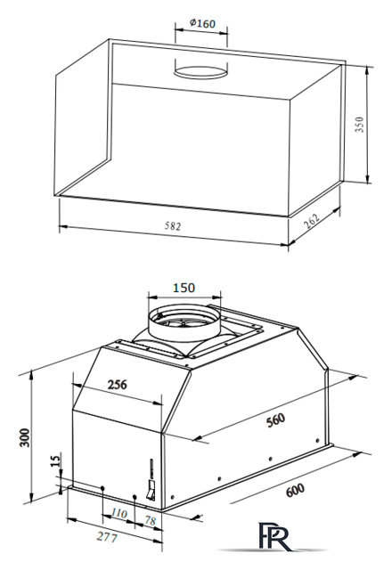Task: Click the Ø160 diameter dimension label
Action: point(202,24)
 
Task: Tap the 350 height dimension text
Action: point(359,125)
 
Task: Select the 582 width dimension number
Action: point(172,226)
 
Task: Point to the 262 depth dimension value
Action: point(312,221)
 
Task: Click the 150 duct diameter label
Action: point(184,288)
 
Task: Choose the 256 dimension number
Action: point(117,384)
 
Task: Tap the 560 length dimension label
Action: point(275,420)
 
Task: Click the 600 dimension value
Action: point(295,490)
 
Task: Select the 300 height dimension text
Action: point(24,437)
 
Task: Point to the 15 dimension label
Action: point(55,461)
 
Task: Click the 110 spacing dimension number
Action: point(118,513)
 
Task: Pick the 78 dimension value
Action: point(151,520)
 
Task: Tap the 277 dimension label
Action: point(107,537)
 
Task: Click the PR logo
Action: point(274,536)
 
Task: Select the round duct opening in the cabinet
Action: point(200,72)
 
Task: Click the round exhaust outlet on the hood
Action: point(184,322)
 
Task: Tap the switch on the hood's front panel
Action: point(151,491)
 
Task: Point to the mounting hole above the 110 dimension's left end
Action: point(103,488)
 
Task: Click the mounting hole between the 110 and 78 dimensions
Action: point(135,497)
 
